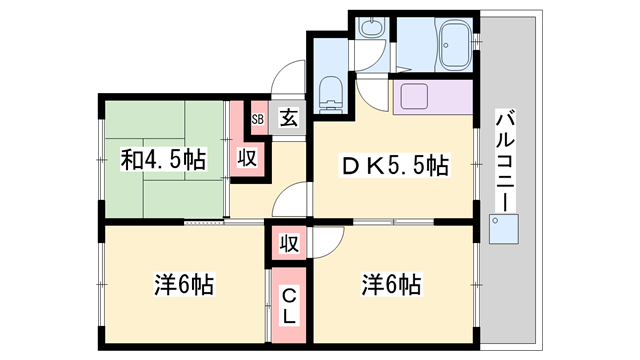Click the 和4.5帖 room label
click(x=163, y=160)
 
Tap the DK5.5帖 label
click(x=395, y=166)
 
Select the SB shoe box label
click(x=258, y=120)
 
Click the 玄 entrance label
click(x=289, y=118)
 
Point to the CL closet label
click(x=289, y=305)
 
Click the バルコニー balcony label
click(x=505, y=160)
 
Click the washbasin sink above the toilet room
click(x=371, y=27)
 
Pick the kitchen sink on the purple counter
click(x=414, y=96)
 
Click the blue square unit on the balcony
click(x=504, y=229)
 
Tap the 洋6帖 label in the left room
click(x=184, y=284)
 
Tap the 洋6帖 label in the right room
click(x=391, y=284)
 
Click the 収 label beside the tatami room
click(x=247, y=158)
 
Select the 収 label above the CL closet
click(x=289, y=243)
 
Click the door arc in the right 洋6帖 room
click(x=336, y=248)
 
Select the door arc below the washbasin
click(x=376, y=61)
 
